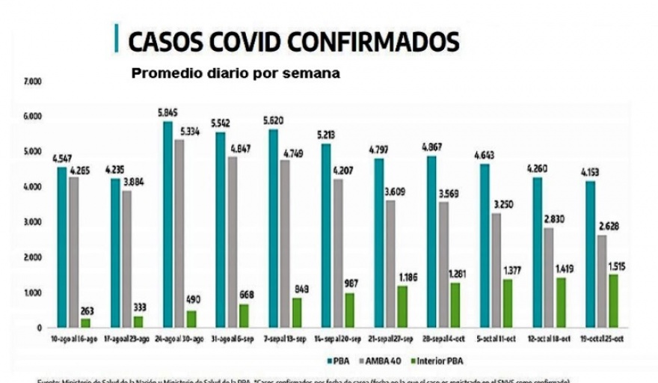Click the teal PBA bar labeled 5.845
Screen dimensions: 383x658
point(168,224)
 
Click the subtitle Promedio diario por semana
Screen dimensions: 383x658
point(236,74)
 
